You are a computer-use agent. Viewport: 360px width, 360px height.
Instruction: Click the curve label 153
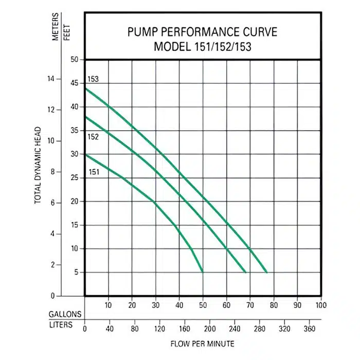pos(93,79)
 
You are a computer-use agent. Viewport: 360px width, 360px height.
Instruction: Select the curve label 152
pos(93,137)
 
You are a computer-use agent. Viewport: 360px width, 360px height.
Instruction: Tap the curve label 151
pos(94,172)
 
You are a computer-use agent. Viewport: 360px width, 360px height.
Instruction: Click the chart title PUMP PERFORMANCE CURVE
pos(202,32)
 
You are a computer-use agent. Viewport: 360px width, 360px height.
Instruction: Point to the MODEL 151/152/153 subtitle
pos(202,46)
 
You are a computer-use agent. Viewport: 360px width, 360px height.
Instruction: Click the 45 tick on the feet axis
pos(75,83)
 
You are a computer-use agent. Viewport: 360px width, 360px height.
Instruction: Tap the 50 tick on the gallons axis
pos(203,305)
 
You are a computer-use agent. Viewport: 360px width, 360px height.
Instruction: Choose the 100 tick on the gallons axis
pos(321,305)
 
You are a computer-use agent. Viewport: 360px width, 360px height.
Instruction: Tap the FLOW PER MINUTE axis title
pos(203,343)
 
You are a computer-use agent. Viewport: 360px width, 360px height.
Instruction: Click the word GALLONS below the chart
pos(65,314)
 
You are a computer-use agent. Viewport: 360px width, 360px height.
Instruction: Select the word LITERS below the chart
pos(61,326)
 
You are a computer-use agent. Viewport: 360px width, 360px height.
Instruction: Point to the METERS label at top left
pos(56,29)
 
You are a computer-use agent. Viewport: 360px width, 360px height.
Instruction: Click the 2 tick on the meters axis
pos(52,264)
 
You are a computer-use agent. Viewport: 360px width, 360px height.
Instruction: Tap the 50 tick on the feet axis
pos(75,60)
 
